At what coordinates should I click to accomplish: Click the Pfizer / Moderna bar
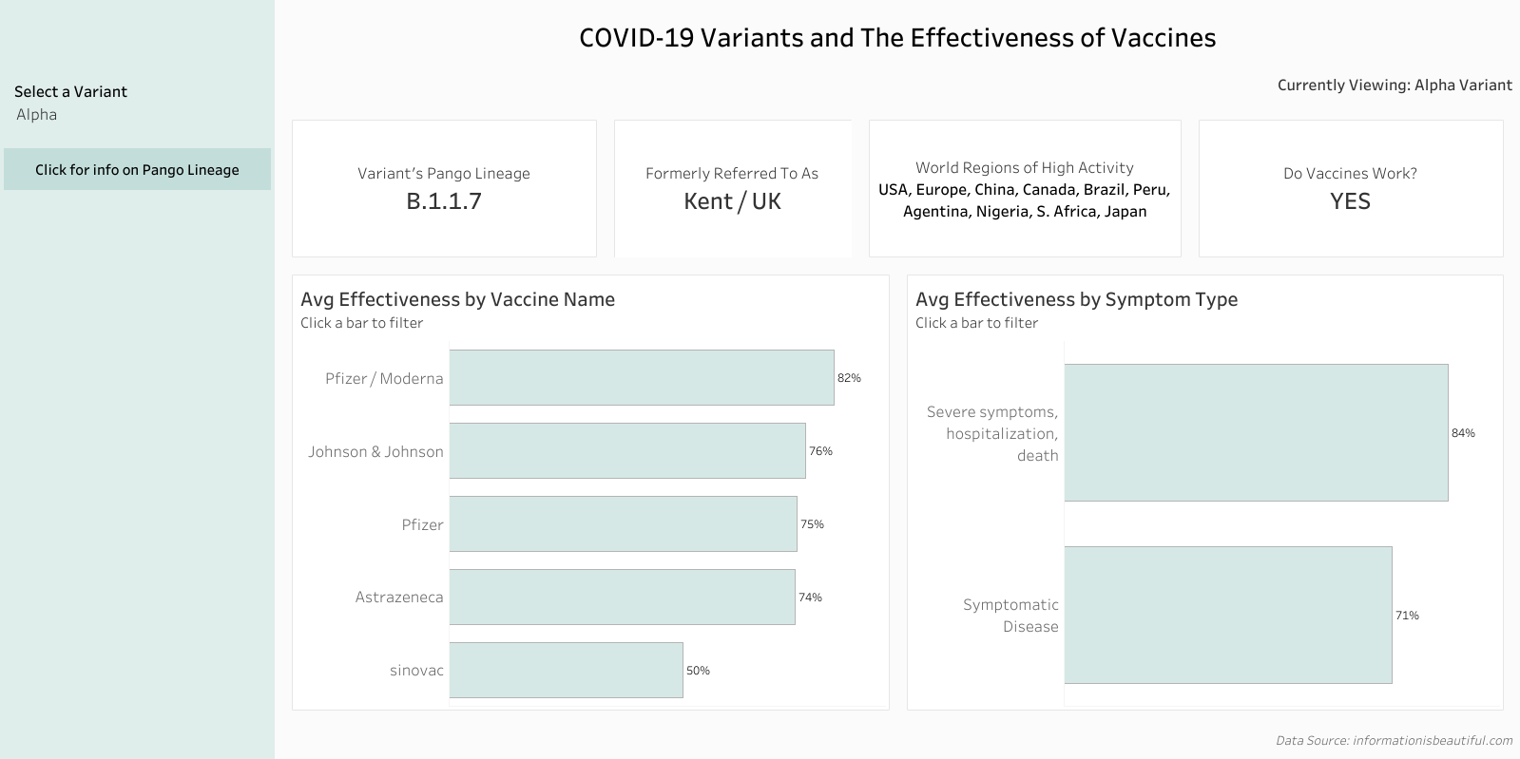642,378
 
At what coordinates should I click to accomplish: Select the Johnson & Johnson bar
627,451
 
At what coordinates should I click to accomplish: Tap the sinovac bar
566,670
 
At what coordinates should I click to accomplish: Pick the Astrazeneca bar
622,597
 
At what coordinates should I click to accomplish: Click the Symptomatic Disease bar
1227,615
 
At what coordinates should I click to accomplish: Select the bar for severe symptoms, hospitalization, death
1256,432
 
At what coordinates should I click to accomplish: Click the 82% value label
849,378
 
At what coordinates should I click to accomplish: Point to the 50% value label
698,671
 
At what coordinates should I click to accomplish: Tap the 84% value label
1463,433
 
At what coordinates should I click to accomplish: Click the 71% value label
1407,616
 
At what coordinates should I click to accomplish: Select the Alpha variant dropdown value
37,115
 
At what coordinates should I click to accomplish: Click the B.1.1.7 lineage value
444,201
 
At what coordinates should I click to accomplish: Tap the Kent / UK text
732,201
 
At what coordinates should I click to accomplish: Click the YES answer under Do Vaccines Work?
1350,201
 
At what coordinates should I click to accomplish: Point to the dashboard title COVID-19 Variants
896,38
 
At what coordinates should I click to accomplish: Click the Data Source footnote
1394,740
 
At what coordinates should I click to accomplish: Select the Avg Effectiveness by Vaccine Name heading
457,299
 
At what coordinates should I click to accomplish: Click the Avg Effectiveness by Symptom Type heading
1076,299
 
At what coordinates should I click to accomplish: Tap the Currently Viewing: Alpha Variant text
1395,85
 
